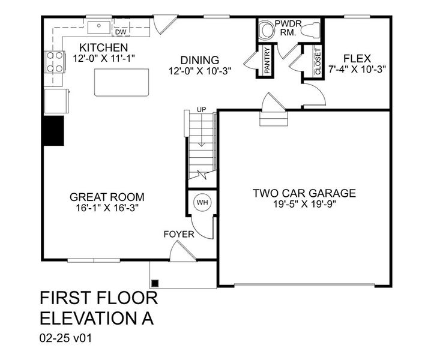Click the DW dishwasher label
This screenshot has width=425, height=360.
[x=121, y=32]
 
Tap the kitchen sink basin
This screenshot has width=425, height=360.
[x=99, y=28]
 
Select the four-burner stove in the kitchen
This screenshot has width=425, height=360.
[x=55, y=62]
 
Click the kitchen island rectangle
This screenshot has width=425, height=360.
[x=121, y=82]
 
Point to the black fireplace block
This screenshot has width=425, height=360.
[x=53, y=131]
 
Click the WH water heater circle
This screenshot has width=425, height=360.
[x=202, y=202]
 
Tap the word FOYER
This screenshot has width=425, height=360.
[x=179, y=235]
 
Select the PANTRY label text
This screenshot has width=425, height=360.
[x=267, y=61]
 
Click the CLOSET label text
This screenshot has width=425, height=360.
[x=318, y=61]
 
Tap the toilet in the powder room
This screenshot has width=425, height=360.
[x=310, y=29]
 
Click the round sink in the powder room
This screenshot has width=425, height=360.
[x=266, y=30]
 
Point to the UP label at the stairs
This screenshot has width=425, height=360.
[x=201, y=110]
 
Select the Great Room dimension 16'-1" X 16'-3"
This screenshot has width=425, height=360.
[x=107, y=208]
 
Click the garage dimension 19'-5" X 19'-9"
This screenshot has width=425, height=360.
[x=304, y=204]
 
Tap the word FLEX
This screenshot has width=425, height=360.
[x=357, y=59]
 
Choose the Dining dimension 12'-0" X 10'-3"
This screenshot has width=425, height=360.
[x=200, y=71]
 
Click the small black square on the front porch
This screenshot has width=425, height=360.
[x=155, y=283]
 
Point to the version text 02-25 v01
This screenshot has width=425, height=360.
[x=66, y=338]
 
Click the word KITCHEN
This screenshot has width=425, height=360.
[x=103, y=47]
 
